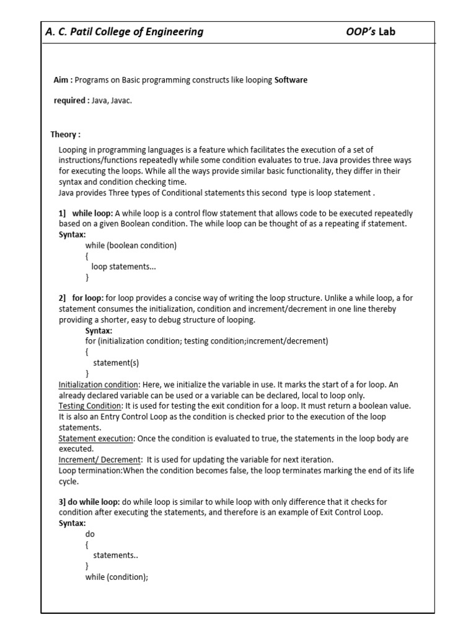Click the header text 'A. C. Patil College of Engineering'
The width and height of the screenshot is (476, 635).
click(125, 32)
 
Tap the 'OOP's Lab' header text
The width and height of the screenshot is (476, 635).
click(370, 32)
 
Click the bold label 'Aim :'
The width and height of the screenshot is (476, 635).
click(63, 80)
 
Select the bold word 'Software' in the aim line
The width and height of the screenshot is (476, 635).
click(291, 80)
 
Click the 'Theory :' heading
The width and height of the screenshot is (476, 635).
click(65, 134)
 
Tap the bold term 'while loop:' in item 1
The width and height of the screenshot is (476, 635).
click(92, 213)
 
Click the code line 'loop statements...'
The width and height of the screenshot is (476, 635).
click(124, 266)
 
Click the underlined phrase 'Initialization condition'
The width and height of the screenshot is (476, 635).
click(98, 384)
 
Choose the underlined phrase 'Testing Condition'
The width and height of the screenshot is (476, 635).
click(89, 406)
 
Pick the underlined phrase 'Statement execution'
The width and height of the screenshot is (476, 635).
click(95, 438)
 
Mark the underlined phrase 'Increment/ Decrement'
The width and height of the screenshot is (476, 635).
click(100, 460)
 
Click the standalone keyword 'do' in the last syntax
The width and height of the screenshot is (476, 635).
click(90, 533)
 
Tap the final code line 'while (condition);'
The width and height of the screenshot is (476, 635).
click(117, 577)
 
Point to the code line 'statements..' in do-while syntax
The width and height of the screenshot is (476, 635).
click(115, 555)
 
